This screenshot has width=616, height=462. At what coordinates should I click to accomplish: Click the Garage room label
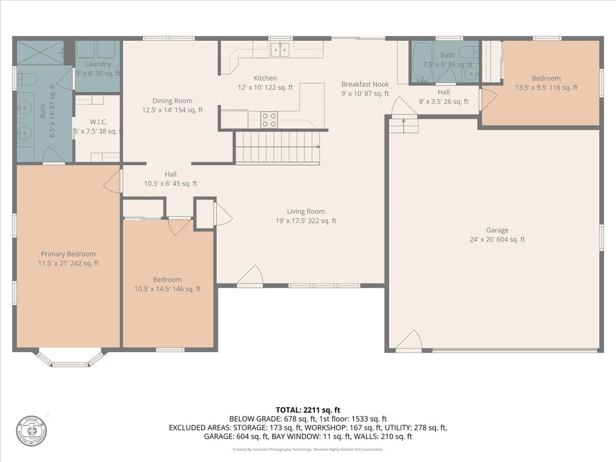[497, 230]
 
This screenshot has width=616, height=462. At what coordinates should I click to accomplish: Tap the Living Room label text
[305, 211]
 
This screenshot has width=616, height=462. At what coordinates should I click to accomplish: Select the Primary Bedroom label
[68, 254]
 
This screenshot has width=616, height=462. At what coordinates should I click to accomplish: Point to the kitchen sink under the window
[280, 50]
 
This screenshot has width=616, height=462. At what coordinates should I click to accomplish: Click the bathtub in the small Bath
[422, 62]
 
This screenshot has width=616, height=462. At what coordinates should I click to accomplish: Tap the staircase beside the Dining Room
[277, 147]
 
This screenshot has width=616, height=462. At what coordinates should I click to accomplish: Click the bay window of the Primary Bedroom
[70, 359]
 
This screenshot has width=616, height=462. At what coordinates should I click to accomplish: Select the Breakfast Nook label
[365, 84]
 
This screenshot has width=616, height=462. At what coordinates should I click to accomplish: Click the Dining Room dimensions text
[172, 110]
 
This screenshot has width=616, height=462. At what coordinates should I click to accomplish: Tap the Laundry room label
[98, 64]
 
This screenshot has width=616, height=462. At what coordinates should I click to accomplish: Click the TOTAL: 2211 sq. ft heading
[308, 410]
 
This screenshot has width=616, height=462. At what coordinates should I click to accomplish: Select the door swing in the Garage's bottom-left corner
[409, 341]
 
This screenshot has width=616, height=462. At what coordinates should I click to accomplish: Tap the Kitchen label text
[265, 78]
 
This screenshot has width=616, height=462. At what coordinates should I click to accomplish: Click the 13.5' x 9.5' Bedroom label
[546, 79]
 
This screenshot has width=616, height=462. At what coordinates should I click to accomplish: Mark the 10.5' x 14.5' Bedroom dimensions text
[168, 289]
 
